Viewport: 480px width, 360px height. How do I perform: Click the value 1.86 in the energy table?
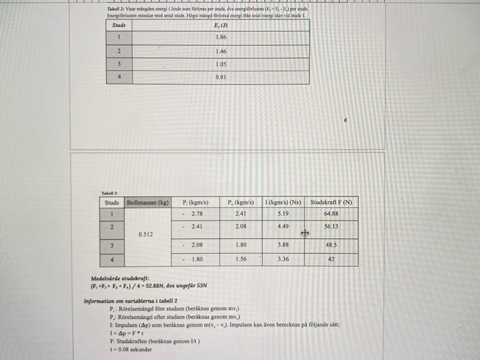pos(220,37)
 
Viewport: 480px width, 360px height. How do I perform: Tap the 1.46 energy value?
pos(220,51)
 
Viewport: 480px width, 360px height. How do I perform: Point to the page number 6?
pos(346,120)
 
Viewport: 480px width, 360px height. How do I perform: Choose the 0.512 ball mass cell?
pos(145,235)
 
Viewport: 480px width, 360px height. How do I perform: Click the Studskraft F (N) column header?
pos(331,202)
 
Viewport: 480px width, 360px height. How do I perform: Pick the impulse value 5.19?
pos(283,214)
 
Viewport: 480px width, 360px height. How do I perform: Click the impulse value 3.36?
pos(283,260)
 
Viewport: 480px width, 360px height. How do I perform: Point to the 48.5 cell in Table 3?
pos(331,245)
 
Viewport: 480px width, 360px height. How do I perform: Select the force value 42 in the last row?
pos(331,260)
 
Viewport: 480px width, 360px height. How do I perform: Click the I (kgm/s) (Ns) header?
pos(283,202)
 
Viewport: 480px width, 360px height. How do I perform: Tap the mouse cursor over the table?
pos(305,233)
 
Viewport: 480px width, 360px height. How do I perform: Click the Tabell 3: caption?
pos(110,193)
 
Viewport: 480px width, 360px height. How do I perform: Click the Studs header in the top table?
pos(118,25)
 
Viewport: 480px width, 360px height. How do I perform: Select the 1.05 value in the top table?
pos(220,64)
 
